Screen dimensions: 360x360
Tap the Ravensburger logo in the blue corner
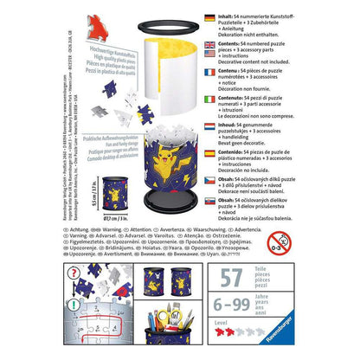click(331, 344)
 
